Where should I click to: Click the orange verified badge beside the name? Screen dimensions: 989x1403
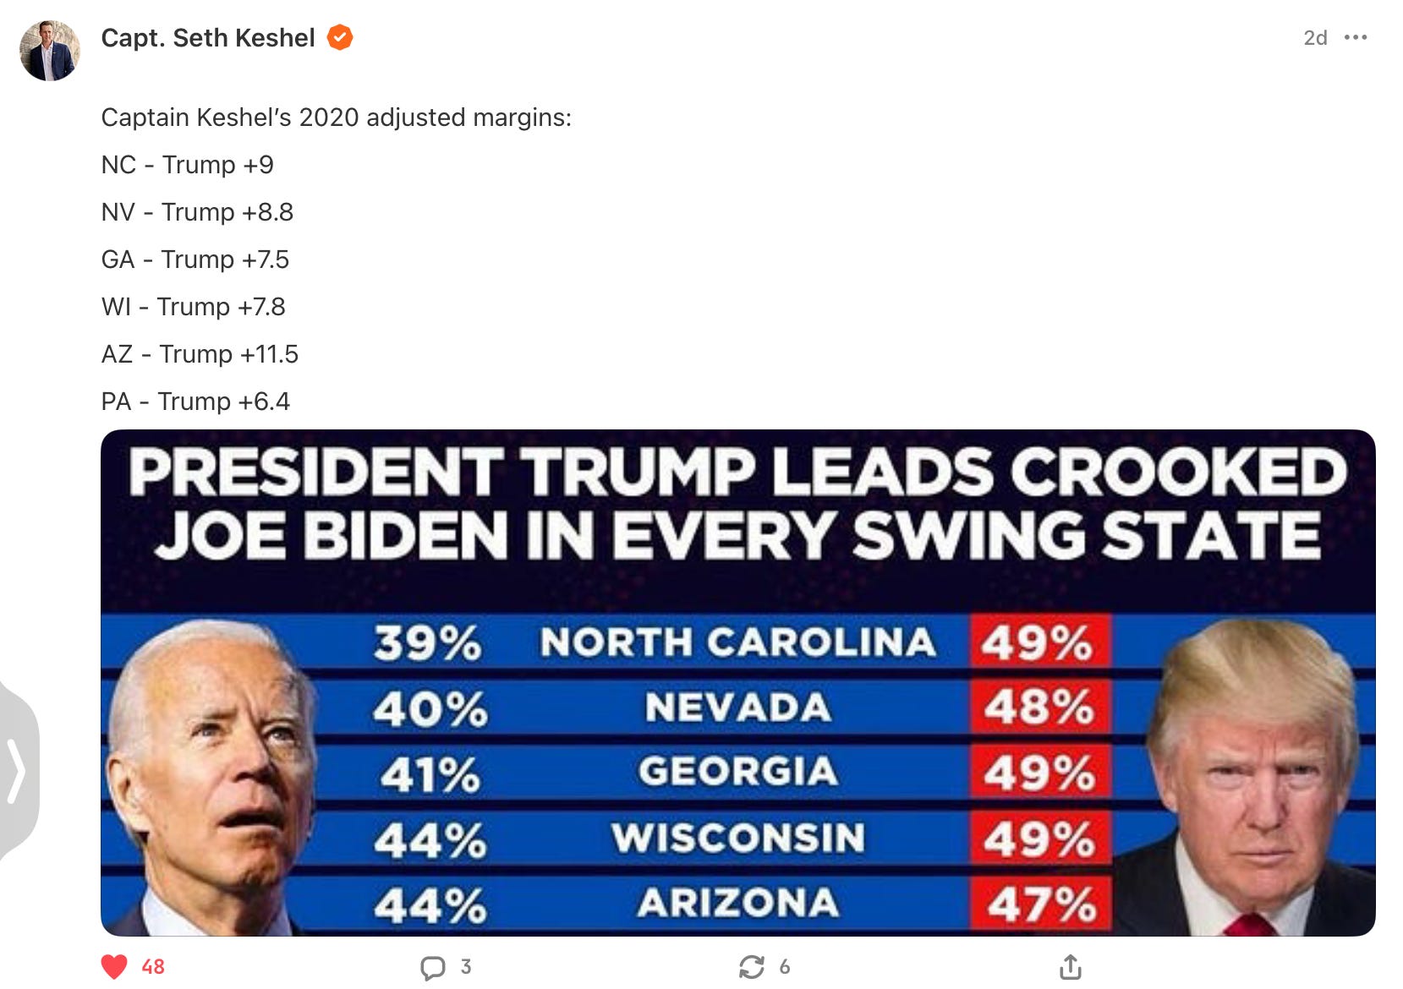coord(340,38)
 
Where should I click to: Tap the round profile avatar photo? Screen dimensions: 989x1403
coord(50,51)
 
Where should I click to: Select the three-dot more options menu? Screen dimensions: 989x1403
coord(1355,38)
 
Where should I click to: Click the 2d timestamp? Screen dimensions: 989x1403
coord(1315,38)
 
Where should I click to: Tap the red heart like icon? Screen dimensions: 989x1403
coord(114,966)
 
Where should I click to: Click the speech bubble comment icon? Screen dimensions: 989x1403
coord(433,967)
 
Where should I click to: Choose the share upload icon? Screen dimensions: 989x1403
coord(1070,966)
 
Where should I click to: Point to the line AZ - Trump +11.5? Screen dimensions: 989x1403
coord(200,354)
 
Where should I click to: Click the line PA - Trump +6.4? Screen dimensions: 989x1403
coord(195,402)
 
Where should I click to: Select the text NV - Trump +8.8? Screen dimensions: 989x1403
coord(197,212)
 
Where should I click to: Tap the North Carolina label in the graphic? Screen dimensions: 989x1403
coord(737,642)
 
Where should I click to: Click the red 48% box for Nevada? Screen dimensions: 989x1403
coord(1039,708)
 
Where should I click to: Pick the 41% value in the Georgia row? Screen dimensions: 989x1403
coord(430,774)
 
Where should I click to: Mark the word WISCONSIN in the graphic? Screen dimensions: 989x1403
coord(738,839)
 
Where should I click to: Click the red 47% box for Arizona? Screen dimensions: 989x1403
coord(1040,904)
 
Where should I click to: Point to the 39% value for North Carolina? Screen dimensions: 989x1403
coord(428,644)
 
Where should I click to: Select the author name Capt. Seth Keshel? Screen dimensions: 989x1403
coord(208,38)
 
